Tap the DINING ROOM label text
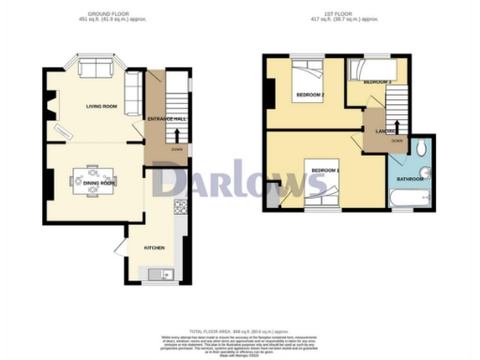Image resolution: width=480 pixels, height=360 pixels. pyautogui.click(x=97, y=184)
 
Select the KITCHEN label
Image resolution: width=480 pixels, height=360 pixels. pyautogui.click(x=155, y=247)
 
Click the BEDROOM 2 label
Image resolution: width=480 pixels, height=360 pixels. pyautogui.click(x=311, y=96)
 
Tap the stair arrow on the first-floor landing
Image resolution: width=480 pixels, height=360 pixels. pyautogui.click(x=396, y=125)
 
